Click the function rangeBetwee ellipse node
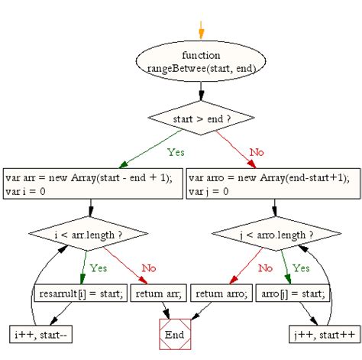[202, 61]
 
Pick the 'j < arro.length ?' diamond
[273, 233]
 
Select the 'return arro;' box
[221, 293]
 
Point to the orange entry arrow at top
[202, 29]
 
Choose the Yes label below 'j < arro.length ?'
[301, 268]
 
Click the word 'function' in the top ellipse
[202, 55]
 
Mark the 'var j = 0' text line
[207, 190]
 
